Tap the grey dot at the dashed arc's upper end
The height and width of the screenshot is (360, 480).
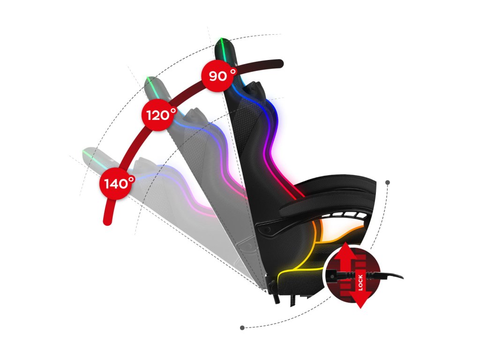tap(388, 182)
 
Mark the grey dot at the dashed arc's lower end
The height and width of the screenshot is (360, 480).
tap(242, 328)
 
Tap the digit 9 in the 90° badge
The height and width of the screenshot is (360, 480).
tap(214, 75)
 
